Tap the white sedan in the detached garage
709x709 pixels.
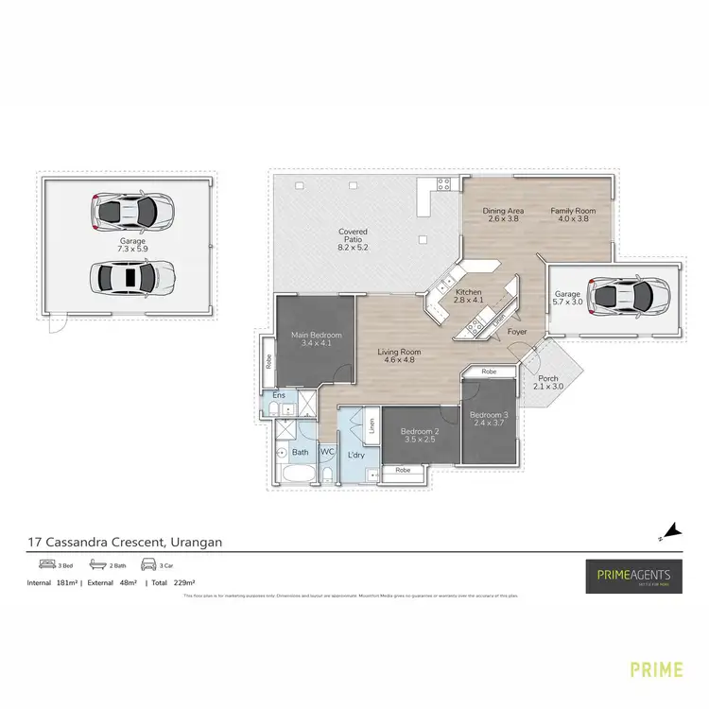[131, 277]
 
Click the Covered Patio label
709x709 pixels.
[353, 237]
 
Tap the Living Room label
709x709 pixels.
[399, 356]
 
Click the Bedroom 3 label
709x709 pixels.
[490, 420]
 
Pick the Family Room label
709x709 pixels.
[573, 215]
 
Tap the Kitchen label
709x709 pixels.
[469, 298]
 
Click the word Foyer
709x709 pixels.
[517, 333]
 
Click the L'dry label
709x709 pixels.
[356, 456]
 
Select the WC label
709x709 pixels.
[327, 453]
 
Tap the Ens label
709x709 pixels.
[278, 394]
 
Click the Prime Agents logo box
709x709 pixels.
[631, 575]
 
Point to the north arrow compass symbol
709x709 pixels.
[670, 532]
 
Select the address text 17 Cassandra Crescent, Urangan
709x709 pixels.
[124, 543]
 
